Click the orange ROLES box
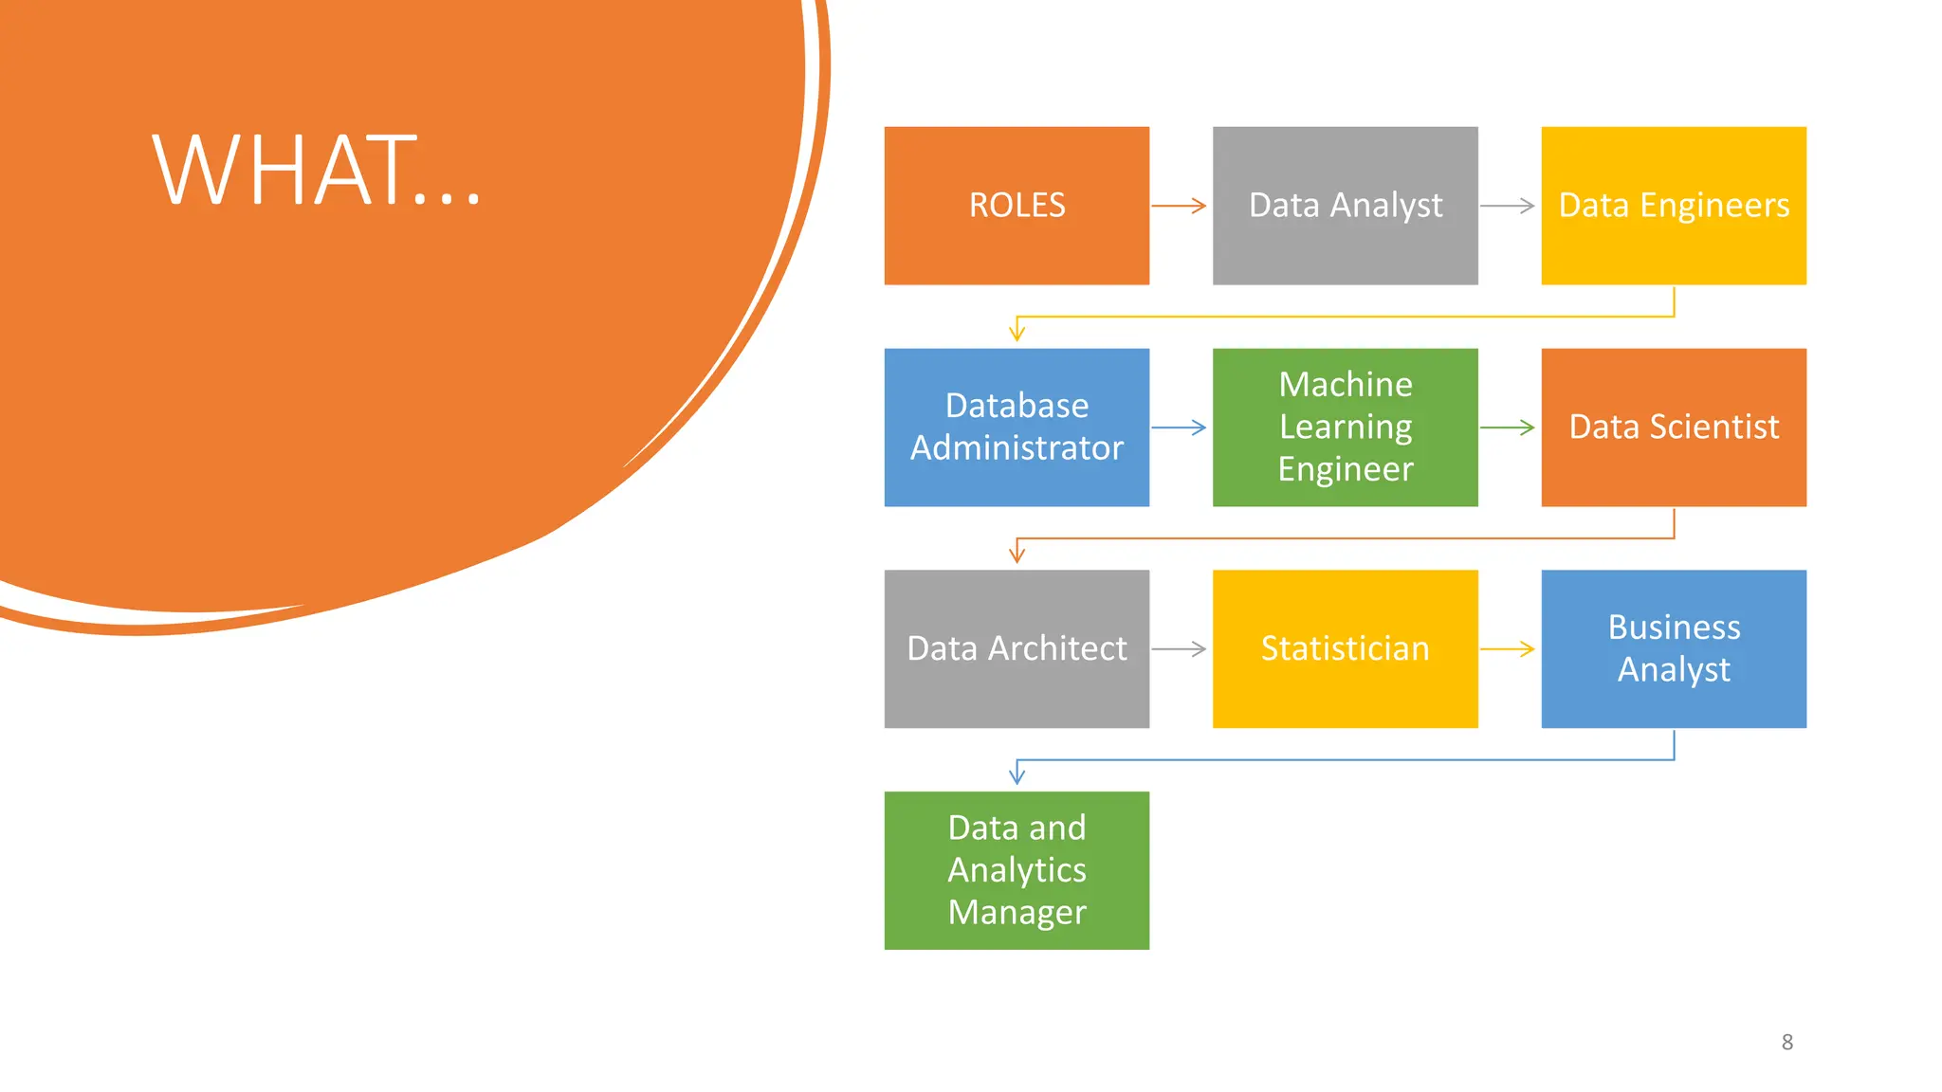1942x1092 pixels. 1017,206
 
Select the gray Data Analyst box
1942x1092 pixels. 1345,206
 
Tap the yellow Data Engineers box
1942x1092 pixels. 1673,206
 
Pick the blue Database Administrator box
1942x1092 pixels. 1017,427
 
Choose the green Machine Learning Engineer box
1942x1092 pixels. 1345,427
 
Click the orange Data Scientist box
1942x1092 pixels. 1673,427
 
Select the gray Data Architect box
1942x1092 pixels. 1017,648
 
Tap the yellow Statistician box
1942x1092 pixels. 1345,648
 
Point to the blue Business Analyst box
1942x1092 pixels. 1673,648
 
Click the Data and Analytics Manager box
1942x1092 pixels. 1017,870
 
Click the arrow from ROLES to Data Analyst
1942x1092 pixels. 1179,206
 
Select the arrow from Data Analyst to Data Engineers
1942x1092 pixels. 1507,206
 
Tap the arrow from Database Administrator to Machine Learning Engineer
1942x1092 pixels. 1179,428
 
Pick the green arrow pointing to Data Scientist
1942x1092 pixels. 1507,428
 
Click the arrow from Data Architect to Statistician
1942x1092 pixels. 1179,649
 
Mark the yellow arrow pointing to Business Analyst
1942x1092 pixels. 1507,649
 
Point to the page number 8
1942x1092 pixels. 1786,1042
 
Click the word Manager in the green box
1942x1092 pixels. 1017,912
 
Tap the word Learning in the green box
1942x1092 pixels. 1345,427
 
